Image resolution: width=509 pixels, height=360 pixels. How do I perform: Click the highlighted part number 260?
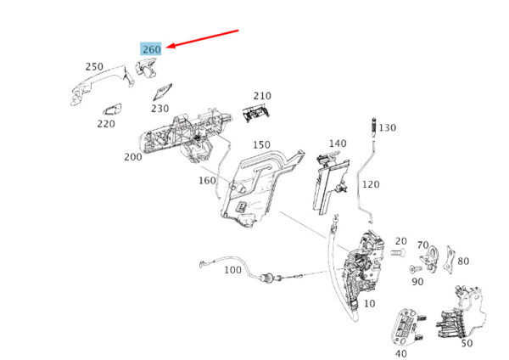tap(151, 49)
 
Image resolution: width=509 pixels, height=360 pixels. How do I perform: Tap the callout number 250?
tap(94, 66)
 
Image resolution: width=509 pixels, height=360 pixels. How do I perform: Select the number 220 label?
tap(105, 124)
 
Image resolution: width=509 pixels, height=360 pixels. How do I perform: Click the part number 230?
tap(159, 108)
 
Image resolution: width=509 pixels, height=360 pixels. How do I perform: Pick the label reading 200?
tap(132, 157)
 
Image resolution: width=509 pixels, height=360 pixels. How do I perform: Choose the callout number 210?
tap(262, 96)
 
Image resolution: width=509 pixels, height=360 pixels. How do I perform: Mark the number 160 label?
tap(207, 180)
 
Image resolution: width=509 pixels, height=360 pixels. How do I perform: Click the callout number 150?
tap(260, 145)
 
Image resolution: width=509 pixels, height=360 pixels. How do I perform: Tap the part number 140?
tap(338, 143)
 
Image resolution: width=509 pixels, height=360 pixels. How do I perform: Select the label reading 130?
tap(387, 127)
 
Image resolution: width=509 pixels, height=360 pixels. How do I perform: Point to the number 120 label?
tap(372, 183)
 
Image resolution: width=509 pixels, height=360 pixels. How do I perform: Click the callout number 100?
tap(232, 270)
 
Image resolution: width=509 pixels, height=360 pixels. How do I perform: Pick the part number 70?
tap(422, 245)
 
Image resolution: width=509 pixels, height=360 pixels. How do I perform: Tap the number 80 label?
tap(462, 262)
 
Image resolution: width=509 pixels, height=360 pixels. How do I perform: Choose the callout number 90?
tap(417, 281)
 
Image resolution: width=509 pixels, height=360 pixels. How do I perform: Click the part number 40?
tap(400, 352)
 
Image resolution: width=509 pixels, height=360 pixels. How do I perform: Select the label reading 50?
tap(467, 343)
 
